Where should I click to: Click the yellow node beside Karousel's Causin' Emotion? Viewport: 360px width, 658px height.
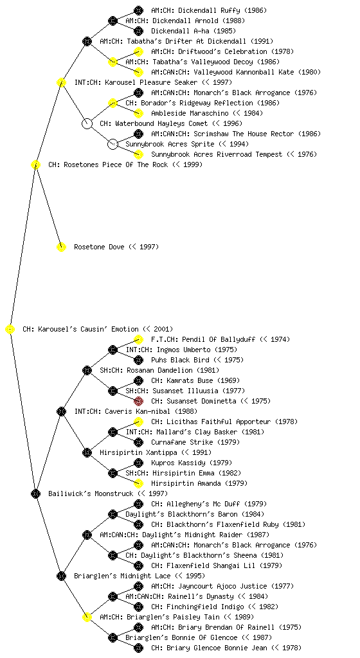click(10, 330)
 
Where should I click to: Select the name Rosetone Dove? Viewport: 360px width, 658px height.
click(99, 247)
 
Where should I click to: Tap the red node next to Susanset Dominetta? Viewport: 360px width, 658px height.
click(138, 401)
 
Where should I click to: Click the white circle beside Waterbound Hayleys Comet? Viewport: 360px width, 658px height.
click(87, 124)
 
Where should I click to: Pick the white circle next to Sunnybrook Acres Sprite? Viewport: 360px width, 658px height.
click(113, 145)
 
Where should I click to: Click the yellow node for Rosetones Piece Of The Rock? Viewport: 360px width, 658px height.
click(35, 165)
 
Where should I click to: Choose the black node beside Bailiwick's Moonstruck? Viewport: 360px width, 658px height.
click(35, 494)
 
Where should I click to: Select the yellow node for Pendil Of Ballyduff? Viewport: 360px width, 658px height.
click(138, 339)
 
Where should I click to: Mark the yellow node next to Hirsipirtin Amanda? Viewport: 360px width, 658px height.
click(138, 483)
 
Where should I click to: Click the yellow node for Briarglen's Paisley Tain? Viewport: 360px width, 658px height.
click(87, 617)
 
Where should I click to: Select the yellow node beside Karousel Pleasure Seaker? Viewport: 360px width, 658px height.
click(61, 83)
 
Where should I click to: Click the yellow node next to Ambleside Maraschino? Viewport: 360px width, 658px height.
click(138, 113)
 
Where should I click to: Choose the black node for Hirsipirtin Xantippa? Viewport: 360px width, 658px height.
click(87, 452)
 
